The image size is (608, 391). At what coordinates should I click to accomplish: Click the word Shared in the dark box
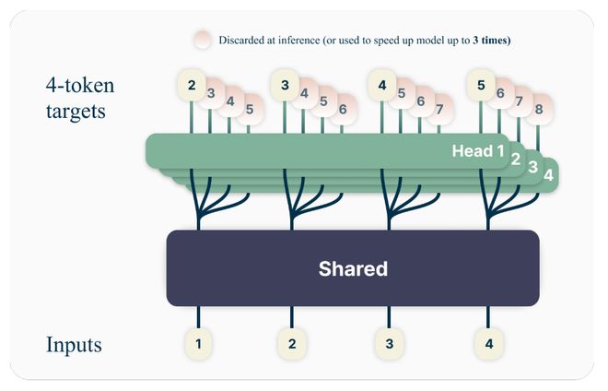(353, 269)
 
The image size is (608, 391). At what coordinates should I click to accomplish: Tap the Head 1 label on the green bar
(478, 150)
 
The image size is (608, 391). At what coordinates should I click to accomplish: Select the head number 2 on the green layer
(515, 158)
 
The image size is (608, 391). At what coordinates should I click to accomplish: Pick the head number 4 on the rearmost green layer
(548, 173)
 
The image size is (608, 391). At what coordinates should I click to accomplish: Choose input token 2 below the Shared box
(292, 344)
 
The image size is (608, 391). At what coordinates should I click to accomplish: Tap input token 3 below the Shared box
(389, 344)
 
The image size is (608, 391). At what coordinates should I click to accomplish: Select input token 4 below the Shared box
(487, 344)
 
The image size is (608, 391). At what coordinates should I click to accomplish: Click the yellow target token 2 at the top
(192, 86)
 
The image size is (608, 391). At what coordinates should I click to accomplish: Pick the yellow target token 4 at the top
(382, 86)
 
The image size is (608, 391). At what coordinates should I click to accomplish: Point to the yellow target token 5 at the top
(481, 86)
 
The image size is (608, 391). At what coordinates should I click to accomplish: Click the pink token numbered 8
(539, 109)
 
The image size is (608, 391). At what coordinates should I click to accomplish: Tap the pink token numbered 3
(211, 92)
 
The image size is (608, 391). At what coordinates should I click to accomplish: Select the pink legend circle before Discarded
(203, 41)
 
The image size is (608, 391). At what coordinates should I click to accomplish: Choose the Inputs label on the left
(74, 345)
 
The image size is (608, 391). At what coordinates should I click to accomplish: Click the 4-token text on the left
(80, 86)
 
